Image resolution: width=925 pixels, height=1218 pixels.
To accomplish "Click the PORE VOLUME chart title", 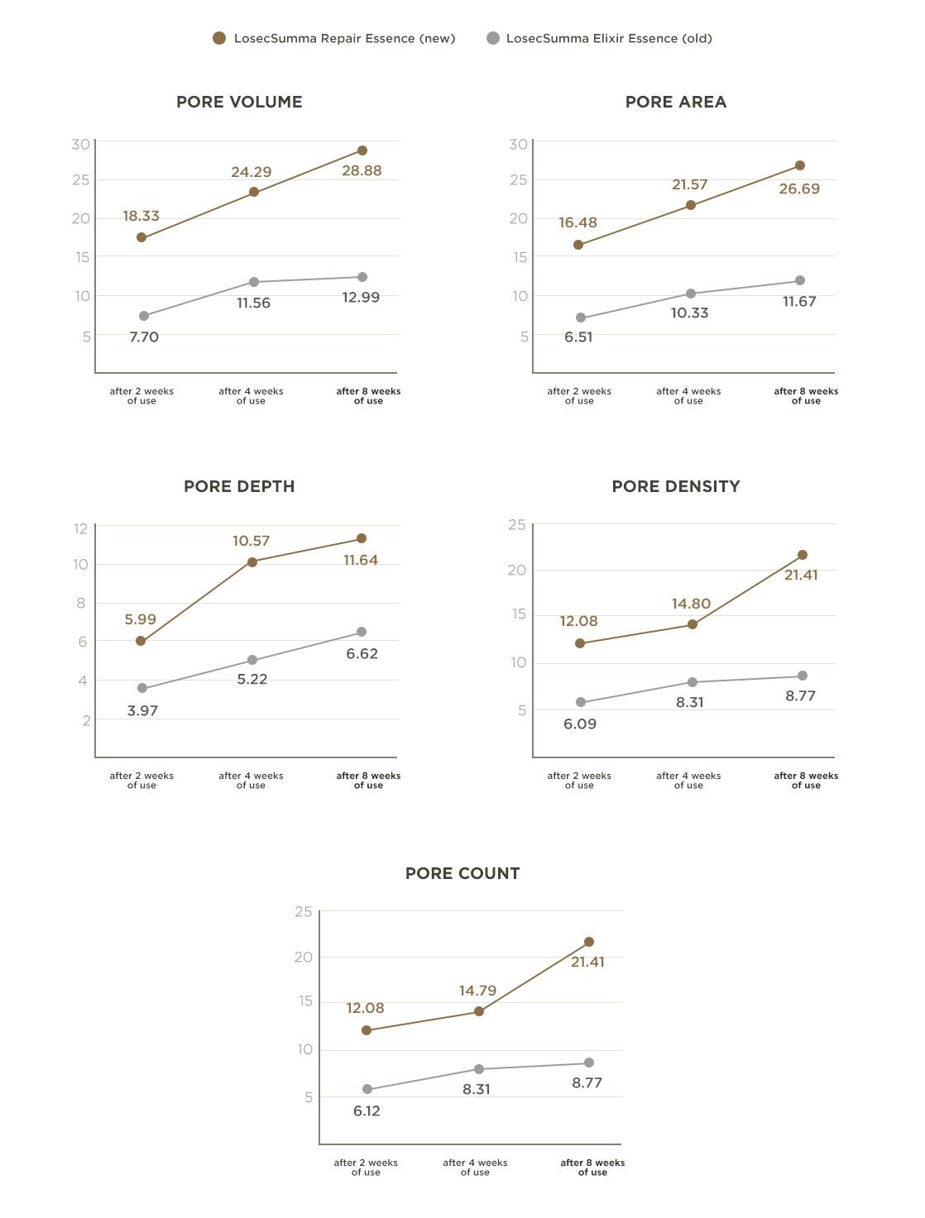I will pyautogui.click(x=239, y=102).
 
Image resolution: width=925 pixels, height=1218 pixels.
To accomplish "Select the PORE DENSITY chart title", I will pyautogui.click(x=675, y=486).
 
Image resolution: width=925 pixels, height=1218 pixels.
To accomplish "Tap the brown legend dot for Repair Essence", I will pyautogui.click(x=219, y=38).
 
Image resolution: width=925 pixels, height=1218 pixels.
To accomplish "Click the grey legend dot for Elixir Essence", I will pyautogui.click(x=493, y=38).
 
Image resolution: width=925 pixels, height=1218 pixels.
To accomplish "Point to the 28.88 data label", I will pyautogui.click(x=362, y=171).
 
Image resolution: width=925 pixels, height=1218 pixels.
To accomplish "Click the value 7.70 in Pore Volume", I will pyautogui.click(x=144, y=337).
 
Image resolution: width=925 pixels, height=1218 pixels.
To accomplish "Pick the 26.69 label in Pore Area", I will pyautogui.click(x=799, y=189).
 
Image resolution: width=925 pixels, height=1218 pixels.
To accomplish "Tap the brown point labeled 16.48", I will pyautogui.click(x=578, y=245).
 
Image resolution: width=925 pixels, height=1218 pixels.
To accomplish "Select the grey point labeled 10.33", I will pyautogui.click(x=691, y=294).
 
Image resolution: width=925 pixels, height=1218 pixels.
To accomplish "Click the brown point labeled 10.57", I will pyautogui.click(x=252, y=562).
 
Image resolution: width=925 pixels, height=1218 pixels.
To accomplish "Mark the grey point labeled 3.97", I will pyautogui.click(x=142, y=688).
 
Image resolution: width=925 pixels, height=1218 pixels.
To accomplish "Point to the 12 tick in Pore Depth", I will pyautogui.click(x=80, y=528).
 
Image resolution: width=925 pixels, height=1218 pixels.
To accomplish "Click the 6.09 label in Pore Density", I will pyautogui.click(x=580, y=724).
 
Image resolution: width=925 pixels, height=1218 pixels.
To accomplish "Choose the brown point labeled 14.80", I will pyautogui.click(x=693, y=624).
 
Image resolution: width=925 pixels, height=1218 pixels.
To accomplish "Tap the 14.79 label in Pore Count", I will pyautogui.click(x=477, y=991).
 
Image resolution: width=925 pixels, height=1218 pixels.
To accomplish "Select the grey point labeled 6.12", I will pyautogui.click(x=367, y=1090).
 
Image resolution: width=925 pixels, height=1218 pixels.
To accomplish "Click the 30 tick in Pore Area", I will pyautogui.click(x=518, y=144).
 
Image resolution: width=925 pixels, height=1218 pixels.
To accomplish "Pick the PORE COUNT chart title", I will pyautogui.click(x=462, y=873).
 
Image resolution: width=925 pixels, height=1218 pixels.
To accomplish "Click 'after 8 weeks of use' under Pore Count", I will pyautogui.click(x=592, y=1168).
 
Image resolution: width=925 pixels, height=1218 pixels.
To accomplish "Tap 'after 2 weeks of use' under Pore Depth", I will pyautogui.click(x=141, y=781).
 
